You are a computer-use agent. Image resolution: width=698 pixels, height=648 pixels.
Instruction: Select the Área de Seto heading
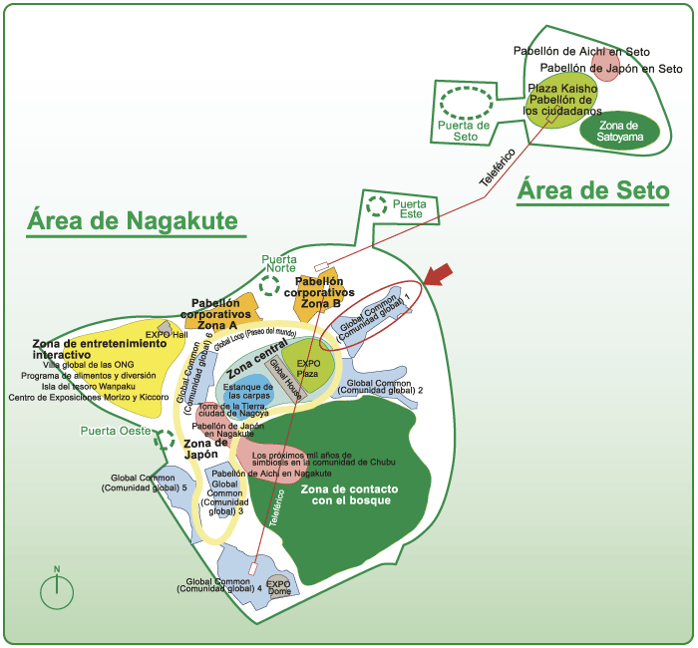pos(592,191)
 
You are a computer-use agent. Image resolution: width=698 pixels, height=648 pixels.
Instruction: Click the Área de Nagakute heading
pos(132,219)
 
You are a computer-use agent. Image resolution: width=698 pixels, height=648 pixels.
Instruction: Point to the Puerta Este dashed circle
pos(376,207)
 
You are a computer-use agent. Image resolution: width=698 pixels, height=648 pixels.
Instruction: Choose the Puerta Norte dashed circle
pos(269,285)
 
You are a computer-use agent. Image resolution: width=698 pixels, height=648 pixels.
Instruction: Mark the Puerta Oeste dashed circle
pos(164,439)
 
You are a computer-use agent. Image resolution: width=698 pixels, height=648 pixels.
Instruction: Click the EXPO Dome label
pos(278,586)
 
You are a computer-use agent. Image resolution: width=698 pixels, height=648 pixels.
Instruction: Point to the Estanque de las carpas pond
pos(248,389)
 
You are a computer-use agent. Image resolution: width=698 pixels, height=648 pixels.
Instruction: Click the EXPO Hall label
pos(167,335)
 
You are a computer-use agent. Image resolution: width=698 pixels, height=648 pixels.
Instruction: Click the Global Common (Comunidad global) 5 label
pos(143,484)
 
